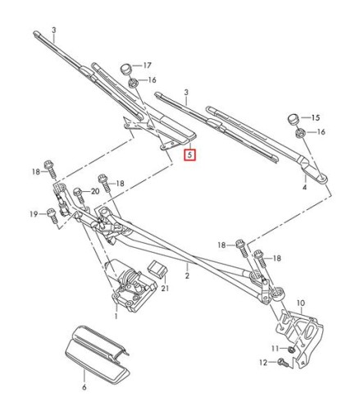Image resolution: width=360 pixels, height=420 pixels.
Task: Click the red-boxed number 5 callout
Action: [x=190, y=153]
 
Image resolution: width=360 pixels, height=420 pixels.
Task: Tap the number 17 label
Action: [x=148, y=65]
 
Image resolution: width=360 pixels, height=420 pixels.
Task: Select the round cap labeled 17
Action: [x=125, y=66]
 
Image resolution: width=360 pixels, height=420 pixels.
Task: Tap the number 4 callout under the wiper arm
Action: [x=305, y=188]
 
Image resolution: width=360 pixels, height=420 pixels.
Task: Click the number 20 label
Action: [x=94, y=191]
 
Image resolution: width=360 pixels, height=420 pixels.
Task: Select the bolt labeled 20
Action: [x=79, y=194]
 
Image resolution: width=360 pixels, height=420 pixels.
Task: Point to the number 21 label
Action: [x=165, y=287]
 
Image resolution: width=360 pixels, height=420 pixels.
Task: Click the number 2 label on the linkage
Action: [x=187, y=276]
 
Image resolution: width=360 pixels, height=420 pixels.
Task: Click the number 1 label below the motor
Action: [x=116, y=316]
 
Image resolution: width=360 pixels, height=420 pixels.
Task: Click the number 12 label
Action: [x=264, y=362]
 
